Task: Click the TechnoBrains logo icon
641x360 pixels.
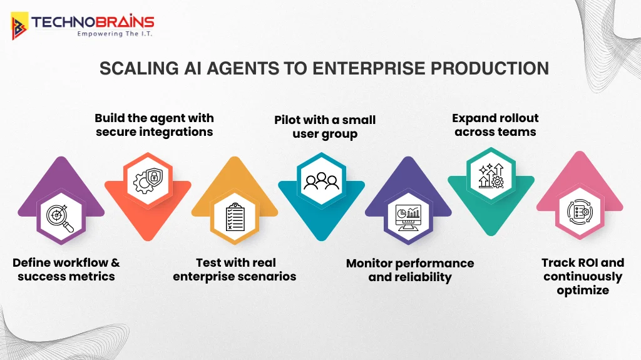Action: point(19,26)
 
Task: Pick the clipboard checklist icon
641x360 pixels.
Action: point(234,217)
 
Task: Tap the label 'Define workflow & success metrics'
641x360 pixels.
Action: point(66,269)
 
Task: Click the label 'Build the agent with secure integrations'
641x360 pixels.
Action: point(154,125)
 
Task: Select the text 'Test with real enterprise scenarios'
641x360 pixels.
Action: point(235,269)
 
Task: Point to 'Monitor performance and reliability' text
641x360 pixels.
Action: point(410,270)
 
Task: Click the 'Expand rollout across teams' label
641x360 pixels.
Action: point(495,125)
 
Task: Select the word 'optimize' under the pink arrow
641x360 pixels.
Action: point(583,291)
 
